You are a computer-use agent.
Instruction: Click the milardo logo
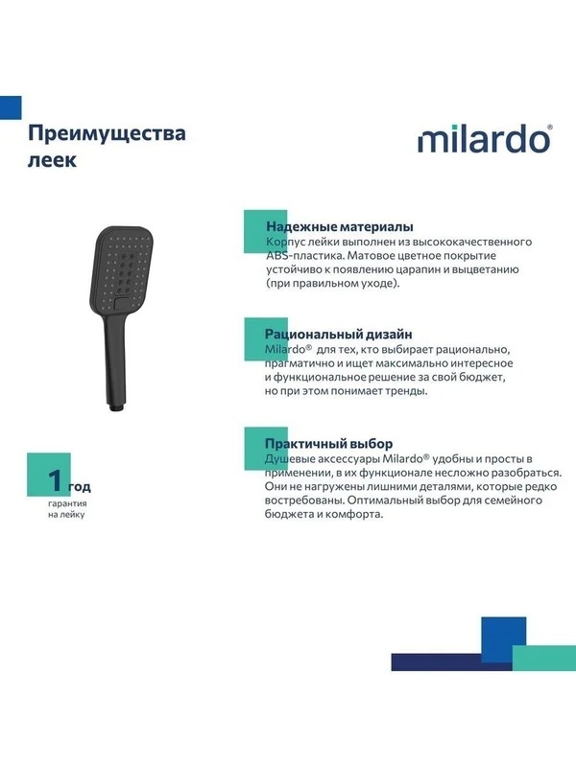[x=485, y=139]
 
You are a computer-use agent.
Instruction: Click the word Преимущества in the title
[x=107, y=133]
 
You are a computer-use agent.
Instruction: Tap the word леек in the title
[x=52, y=160]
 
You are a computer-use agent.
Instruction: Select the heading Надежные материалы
[x=340, y=227]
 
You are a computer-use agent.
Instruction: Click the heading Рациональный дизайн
[x=339, y=335]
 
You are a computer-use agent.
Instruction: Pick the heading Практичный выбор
[x=328, y=444]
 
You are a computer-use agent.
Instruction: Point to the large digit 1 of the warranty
[x=55, y=480]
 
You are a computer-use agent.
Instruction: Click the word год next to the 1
[x=80, y=487]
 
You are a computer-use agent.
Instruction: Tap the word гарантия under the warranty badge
[x=67, y=503]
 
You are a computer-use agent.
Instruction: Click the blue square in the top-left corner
[x=11, y=107]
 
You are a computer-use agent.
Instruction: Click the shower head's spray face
[x=122, y=268]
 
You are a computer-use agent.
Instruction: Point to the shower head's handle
[x=116, y=360]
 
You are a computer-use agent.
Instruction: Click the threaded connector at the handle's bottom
[x=117, y=407]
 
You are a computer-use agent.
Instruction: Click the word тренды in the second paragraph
[x=406, y=391]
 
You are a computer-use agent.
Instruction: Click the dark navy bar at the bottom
[x=451, y=662]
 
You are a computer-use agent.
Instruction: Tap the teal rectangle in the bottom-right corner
[x=544, y=658]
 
